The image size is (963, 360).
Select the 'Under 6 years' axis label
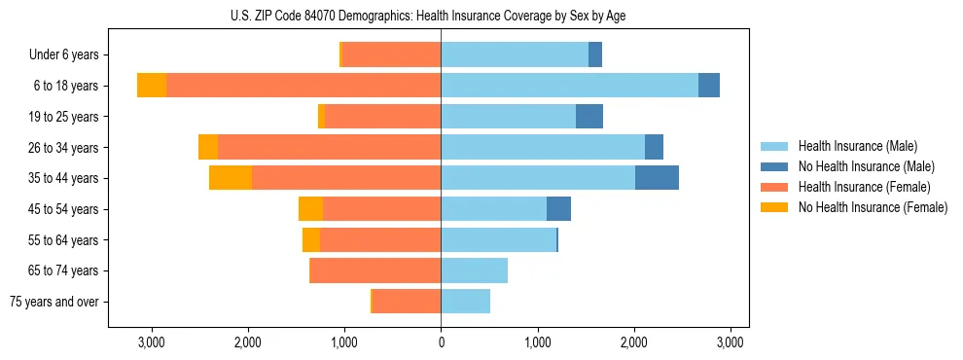click(x=63, y=55)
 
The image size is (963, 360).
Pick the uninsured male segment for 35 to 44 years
click(x=657, y=178)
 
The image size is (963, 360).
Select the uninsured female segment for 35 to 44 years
click(x=231, y=178)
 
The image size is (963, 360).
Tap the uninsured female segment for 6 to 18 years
click(x=152, y=86)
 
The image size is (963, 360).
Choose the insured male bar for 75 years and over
click(x=465, y=302)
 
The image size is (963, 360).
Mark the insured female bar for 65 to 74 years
click(x=375, y=270)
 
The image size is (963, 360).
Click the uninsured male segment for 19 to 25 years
click(x=589, y=117)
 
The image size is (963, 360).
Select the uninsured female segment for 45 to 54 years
click(x=310, y=209)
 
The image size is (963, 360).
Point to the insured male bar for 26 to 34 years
click(x=543, y=148)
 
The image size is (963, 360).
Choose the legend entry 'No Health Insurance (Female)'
click(x=873, y=207)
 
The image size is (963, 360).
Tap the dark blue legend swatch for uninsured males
click(x=774, y=166)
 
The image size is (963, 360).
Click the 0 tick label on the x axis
click(x=441, y=342)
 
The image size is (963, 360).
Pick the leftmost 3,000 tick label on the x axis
click(x=152, y=342)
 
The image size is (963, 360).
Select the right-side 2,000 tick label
click(x=634, y=342)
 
